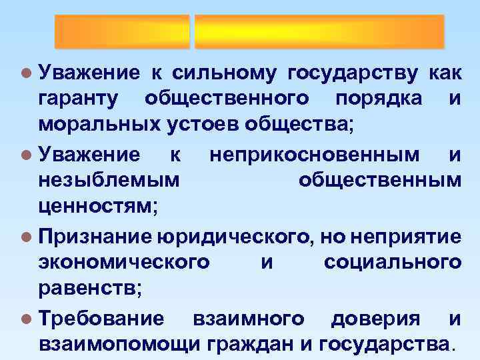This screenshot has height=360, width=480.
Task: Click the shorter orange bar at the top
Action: (122, 31)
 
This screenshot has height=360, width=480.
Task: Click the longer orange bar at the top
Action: (319, 31)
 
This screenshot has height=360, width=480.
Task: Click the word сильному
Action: (225, 71)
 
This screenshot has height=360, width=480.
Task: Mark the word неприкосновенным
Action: (314, 155)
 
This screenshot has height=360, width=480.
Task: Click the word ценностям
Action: (98, 207)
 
